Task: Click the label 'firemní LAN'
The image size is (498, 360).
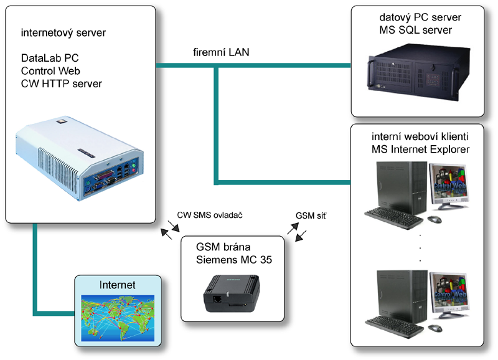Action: pyautogui.click(x=220, y=53)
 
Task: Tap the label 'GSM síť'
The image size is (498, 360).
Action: pyautogui.click(x=311, y=216)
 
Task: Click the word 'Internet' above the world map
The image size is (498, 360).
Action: pyautogui.click(x=117, y=285)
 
